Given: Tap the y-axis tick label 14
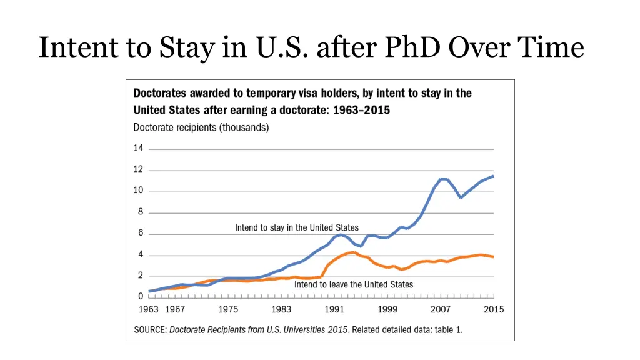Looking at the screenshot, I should (138, 149).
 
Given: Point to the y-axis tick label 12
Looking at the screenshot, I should (138, 170).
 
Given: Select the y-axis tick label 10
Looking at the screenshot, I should (138, 191).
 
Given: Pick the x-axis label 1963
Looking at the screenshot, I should (148, 310).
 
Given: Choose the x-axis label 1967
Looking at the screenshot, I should (175, 310).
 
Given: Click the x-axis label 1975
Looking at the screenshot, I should (228, 310).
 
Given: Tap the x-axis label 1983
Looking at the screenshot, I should (281, 310).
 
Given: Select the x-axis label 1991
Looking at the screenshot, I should (334, 310).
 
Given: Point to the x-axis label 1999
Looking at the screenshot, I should (387, 310).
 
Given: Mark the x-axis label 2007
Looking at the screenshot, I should (441, 310).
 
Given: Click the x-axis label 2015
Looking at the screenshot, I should (494, 310).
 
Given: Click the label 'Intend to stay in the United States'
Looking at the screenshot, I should (297, 228).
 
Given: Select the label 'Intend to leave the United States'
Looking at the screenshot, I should (354, 285).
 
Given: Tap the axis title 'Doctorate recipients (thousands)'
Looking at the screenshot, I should (201, 127).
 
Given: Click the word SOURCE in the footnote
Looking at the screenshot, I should (150, 330).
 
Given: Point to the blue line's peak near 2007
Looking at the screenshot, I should (443, 179).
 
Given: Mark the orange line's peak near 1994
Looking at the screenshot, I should (354, 252).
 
